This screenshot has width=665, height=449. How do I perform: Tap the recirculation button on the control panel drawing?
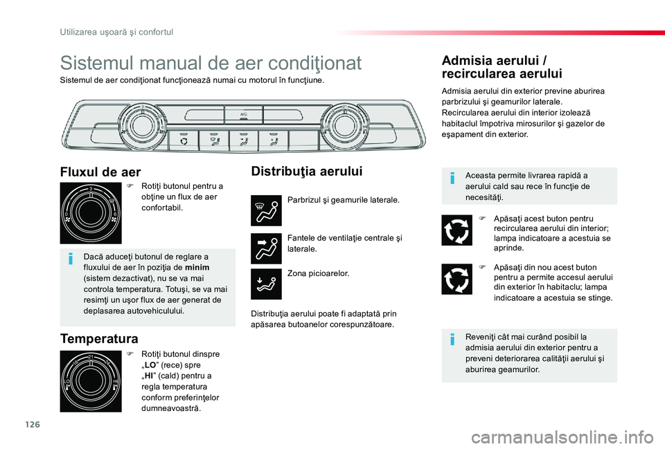(x=184, y=140)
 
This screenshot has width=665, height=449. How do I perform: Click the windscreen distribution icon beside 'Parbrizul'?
(x=267, y=210)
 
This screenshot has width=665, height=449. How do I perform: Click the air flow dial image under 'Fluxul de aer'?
(x=91, y=214)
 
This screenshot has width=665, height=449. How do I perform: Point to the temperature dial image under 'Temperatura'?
(x=91, y=381)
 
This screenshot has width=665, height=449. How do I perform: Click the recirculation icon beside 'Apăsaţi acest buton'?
(x=456, y=230)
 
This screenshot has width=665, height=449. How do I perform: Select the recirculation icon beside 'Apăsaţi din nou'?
(x=456, y=279)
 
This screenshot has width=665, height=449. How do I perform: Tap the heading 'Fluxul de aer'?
(x=100, y=172)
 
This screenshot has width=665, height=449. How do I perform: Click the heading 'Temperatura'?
(x=99, y=338)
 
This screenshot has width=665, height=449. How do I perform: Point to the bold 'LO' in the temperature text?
(x=150, y=364)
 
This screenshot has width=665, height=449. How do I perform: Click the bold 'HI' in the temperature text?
(x=149, y=375)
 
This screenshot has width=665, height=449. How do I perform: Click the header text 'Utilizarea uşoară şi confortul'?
(x=115, y=31)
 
